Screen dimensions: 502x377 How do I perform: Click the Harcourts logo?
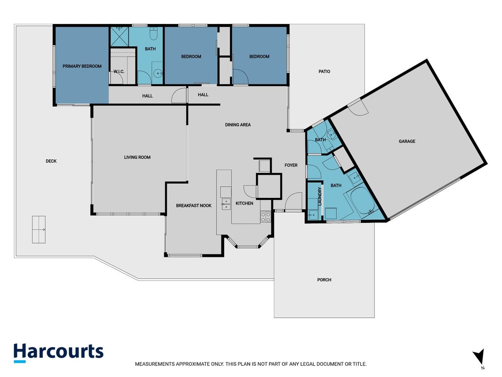pyautogui.click(x=58, y=352)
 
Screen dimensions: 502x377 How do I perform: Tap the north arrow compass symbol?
pyautogui.click(x=479, y=358)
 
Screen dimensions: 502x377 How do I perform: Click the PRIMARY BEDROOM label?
pyautogui.click(x=82, y=66)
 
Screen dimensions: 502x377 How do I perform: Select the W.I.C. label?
pyautogui.click(x=119, y=72)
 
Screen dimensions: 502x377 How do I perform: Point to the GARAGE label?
pyautogui.click(x=407, y=141)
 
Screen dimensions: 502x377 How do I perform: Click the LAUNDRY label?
pyautogui.click(x=319, y=197)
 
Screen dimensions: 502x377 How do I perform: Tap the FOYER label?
pyautogui.click(x=291, y=165)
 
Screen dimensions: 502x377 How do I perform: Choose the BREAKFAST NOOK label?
pyautogui.click(x=194, y=205)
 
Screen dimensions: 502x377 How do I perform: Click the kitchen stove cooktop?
pyautogui.click(x=265, y=217)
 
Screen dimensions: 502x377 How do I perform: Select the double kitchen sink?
pyautogui.click(x=226, y=204)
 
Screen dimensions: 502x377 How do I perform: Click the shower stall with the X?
pyautogui.click(x=120, y=37)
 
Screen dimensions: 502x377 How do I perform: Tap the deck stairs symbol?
pyautogui.click(x=39, y=229)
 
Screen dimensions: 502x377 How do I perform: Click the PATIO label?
pyautogui.click(x=324, y=72)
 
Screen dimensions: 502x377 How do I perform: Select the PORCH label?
pyautogui.click(x=324, y=280)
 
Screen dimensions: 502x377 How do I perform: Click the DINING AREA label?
pyautogui.click(x=238, y=125)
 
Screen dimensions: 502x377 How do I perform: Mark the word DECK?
pyautogui.click(x=51, y=161)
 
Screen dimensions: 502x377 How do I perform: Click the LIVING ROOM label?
pyautogui.click(x=137, y=157)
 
